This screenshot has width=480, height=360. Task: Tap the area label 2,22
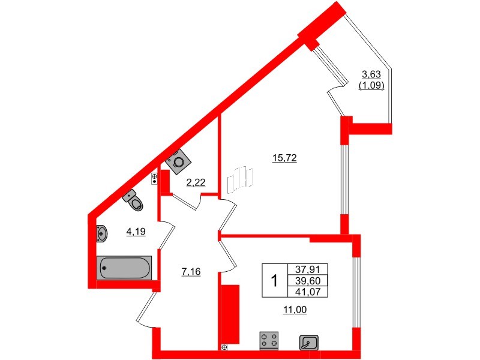click(196, 183)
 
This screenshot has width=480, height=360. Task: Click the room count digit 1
click(275, 281)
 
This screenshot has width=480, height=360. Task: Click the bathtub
click(124, 268)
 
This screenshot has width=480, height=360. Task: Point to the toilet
click(134, 201)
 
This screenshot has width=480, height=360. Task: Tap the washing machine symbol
click(178, 162)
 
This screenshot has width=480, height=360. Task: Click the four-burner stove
click(269, 340)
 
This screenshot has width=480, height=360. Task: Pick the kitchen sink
click(310, 343)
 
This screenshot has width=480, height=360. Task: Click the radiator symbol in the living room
click(239, 179)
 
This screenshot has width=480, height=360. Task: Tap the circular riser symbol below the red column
click(224, 347)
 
